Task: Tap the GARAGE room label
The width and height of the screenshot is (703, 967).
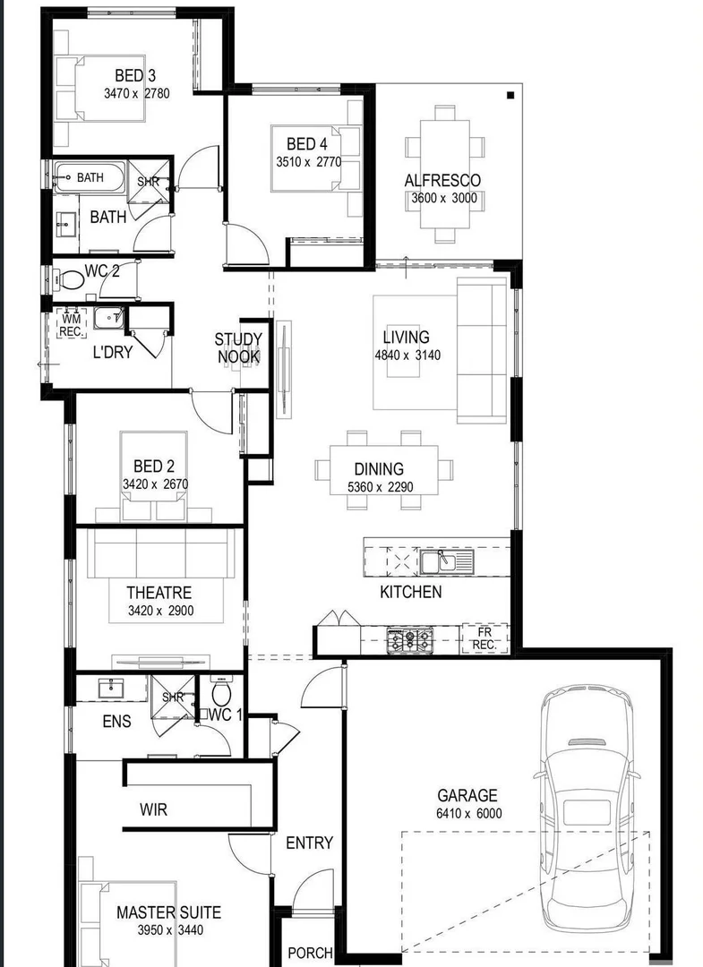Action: click(x=467, y=795)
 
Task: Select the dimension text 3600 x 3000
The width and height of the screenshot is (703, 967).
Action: click(x=444, y=199)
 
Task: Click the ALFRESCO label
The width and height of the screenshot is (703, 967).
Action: click(x=442, y=180)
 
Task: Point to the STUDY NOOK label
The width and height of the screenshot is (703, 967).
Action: click(x=238, y=348)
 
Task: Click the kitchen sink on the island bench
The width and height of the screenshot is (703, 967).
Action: click(x=438, y=561)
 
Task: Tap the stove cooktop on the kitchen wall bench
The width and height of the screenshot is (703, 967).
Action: click(x=409, y=638)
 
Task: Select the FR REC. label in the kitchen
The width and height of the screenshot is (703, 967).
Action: click(x=484, y=638)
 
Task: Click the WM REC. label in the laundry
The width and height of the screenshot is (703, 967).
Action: click(x=71, y=323)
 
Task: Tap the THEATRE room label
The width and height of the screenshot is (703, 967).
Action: click(x=159, y=593)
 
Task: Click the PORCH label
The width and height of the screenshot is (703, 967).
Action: click(x=310, y=954)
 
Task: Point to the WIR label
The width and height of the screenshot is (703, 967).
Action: click(x=153, y=810)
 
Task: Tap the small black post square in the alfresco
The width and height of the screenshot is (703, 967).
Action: click(x=510, y=95)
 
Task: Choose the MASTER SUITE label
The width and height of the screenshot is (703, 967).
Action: click(x=168, y=913)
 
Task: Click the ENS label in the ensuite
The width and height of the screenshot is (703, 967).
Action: click(x=116, y=722)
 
